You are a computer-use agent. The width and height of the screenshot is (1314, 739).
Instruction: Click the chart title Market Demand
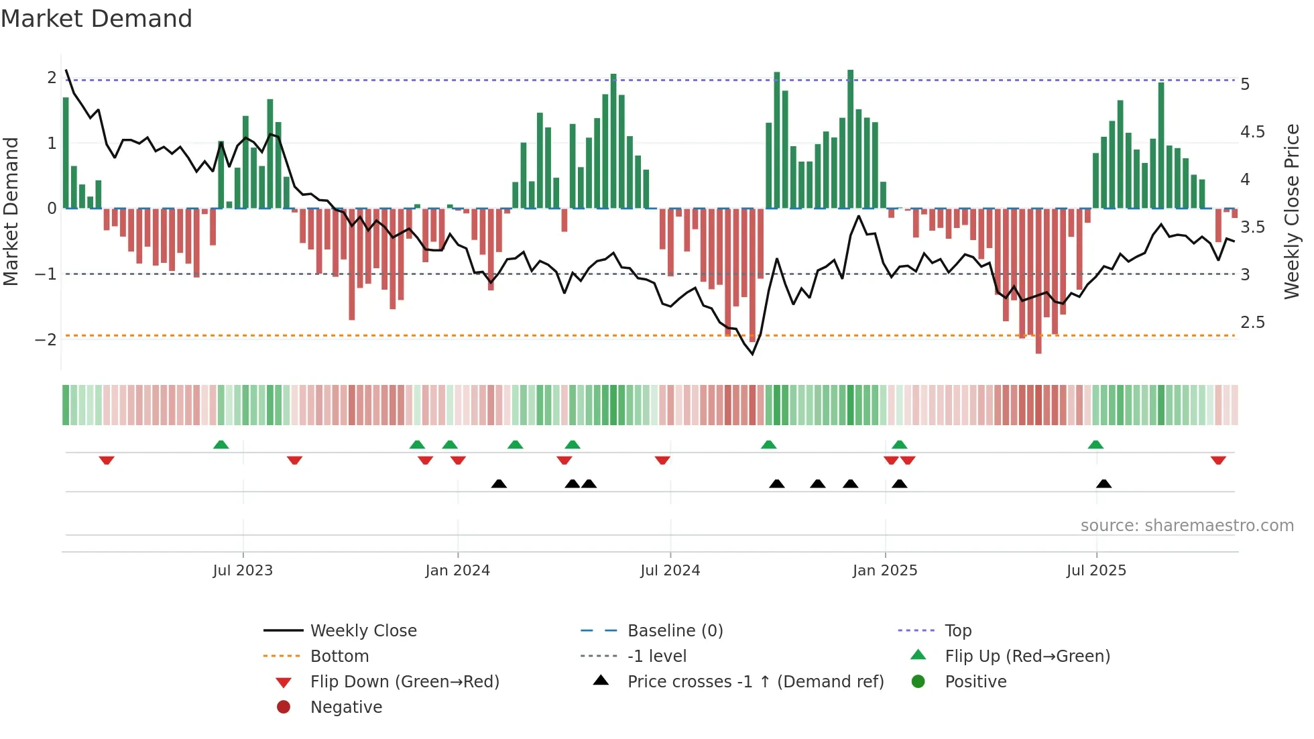click(x=97, y=19)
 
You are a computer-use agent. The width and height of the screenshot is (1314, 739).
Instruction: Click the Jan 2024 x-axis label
click(x=457, y=571)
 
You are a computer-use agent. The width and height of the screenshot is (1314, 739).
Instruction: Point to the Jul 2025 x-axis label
click(x=1096, y=571)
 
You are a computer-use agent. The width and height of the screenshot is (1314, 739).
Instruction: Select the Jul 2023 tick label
click(x=243, y=571)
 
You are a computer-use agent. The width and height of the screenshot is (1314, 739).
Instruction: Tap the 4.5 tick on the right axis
click(x=1252, y=132)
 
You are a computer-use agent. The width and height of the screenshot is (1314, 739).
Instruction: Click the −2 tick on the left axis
click(x=46, y=339)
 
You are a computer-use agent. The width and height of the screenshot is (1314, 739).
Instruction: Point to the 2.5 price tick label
click(x=1252, y=323)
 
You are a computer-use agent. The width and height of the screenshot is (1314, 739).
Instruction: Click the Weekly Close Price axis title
click(x=1291, y=211)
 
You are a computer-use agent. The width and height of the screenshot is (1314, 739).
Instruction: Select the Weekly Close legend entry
click(x=363, y=631)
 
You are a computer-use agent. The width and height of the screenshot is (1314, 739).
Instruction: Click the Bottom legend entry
click(x=339, y=657)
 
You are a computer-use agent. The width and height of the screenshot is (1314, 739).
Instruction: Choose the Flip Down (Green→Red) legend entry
click(x=404, y=682)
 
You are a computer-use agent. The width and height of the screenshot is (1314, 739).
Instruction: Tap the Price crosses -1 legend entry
click(x=755, y=682)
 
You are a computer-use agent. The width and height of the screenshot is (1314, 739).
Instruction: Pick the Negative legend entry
click(x=346, y=707)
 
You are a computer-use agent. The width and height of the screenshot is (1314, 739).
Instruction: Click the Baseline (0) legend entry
click(x=674, y=631)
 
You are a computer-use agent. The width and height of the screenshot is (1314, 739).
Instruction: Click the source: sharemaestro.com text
click(x=1187, y=526)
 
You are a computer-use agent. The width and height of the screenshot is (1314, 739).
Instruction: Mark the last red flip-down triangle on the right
click(x=1218, y=461)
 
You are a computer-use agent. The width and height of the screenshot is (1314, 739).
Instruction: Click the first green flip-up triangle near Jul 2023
click(x=221, y=445)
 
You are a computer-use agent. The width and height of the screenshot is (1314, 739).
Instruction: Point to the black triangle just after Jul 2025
click(x=1103, y=484)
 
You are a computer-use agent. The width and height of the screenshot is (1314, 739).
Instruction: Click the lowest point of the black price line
click(x=752, y=354)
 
